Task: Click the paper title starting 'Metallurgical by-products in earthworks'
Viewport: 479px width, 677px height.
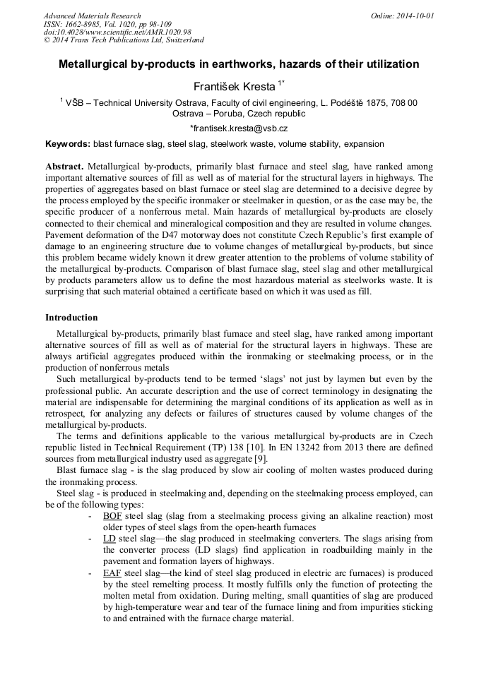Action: [x=239, y=64]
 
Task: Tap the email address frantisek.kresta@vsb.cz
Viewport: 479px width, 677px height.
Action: [x=239, y=128]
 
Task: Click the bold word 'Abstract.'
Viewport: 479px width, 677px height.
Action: [x=64, y=166]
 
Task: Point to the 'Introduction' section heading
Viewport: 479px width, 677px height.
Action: [x=71, y=318]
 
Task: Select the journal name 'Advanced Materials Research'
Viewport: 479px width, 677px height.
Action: [x=92, y=16]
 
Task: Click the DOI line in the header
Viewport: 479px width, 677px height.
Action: [x=117, y=32]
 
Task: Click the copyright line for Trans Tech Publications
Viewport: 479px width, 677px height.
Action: [x=124, y=40]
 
